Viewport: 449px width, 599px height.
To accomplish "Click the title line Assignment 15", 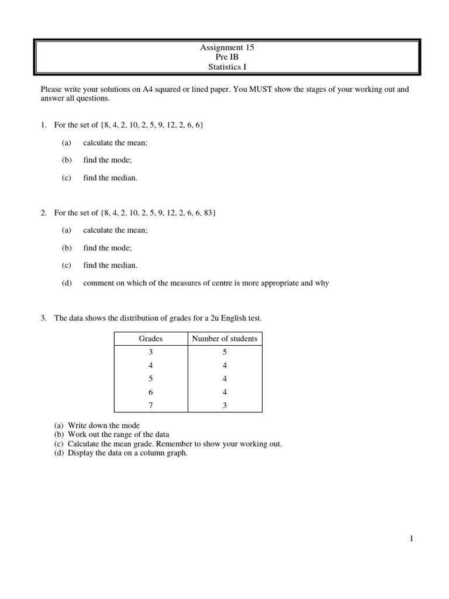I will coord(227,47).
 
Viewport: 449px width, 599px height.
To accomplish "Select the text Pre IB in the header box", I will coord(227,57).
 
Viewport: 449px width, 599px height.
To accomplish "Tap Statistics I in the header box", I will coord(227,67).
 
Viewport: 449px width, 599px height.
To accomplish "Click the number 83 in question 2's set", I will coord(208,213).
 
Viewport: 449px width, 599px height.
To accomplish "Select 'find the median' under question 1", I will coord(110,178).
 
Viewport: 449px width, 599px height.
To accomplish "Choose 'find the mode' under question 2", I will coord(107,248).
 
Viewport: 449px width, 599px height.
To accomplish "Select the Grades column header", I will coord(150,339).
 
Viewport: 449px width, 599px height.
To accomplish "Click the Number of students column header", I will coord(224,339).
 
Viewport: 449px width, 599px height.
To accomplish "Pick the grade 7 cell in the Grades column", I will coord(150,405).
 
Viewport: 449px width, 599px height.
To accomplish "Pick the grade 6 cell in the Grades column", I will coord(150,392).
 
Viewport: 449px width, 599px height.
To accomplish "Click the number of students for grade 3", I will coord(224,352).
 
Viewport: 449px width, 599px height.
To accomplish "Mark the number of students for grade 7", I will coord(224,405).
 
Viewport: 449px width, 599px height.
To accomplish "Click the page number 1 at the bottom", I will coord(412,539).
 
